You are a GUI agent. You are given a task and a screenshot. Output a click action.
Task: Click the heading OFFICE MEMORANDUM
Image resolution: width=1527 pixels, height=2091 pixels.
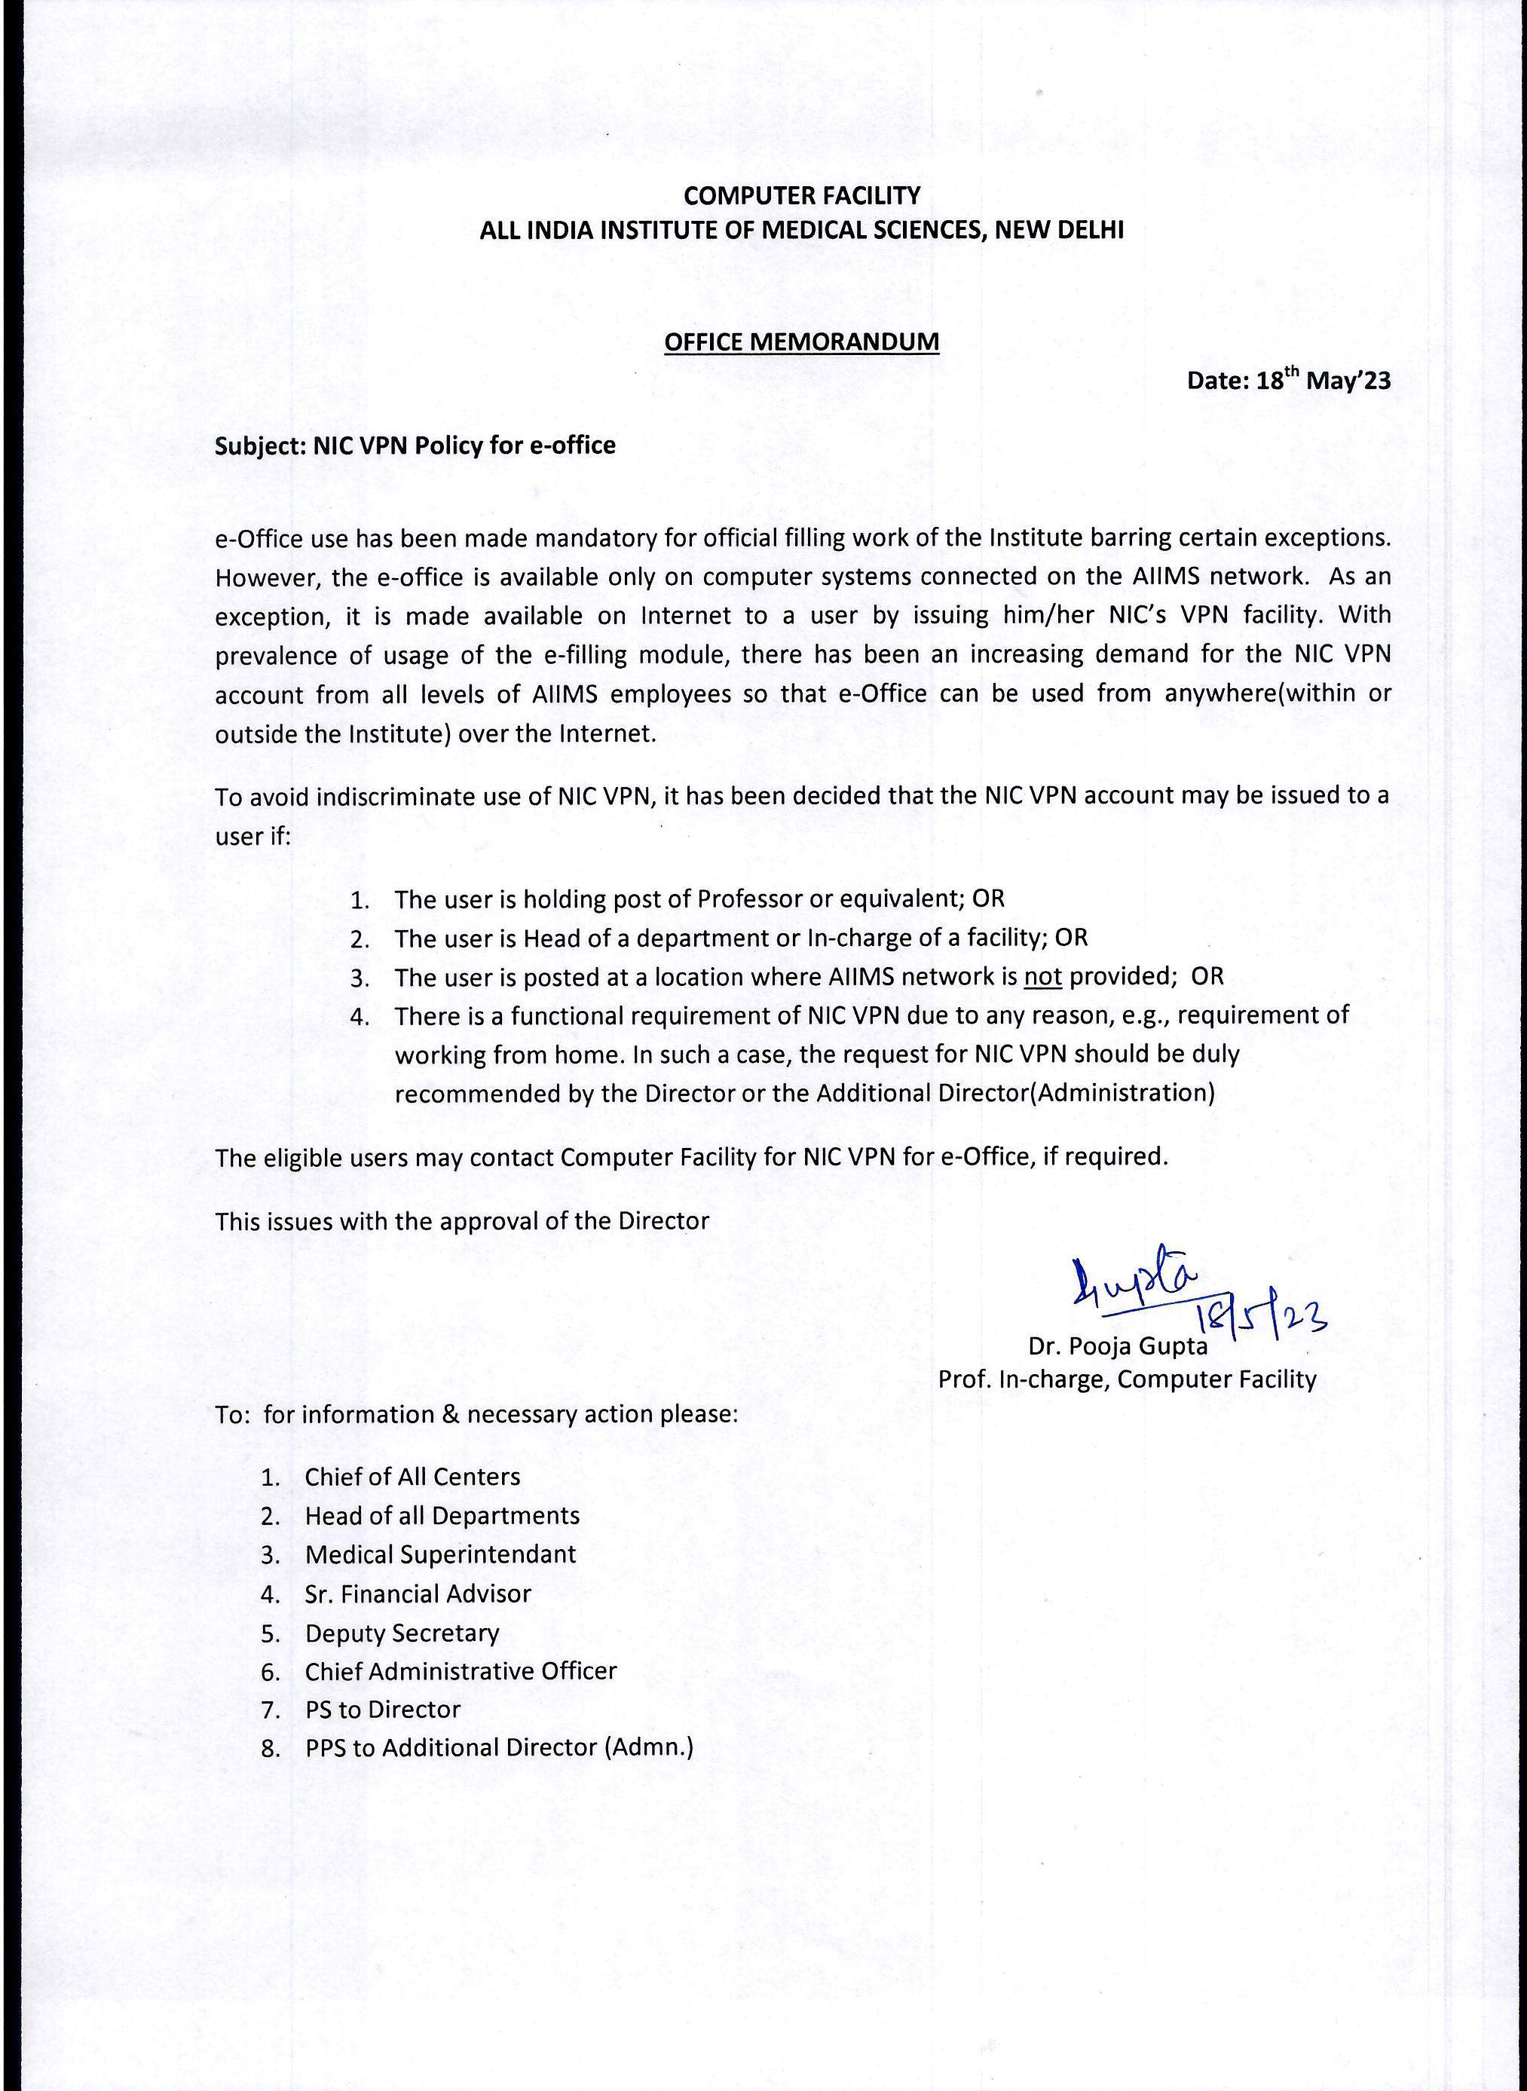coord(801,342)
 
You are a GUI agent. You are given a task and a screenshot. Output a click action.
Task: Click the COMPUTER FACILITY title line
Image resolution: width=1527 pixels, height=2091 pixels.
coord(801,196)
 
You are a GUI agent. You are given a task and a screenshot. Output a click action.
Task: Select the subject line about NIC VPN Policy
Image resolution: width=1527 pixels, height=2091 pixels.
coord(415,445)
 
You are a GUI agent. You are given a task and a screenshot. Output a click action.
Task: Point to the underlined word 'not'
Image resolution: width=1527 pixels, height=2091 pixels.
coord(1042,977)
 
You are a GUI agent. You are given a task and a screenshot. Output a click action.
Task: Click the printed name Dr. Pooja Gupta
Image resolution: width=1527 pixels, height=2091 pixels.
coord(1118,1346)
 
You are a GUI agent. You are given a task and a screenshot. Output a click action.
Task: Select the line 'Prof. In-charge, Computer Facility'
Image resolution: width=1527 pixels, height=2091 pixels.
coord(1127,1379)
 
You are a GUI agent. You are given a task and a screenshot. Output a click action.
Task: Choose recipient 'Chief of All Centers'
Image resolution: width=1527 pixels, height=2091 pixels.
coord(412,1476)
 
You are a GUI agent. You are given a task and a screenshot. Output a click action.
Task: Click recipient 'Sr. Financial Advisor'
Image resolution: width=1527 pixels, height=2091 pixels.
coord(418,1594)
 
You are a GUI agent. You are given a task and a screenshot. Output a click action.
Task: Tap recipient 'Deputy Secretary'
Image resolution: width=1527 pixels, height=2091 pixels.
coord(402,1633)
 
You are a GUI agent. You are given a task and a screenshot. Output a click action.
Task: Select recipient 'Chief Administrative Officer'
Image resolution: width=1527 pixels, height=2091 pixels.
coord(461,1670)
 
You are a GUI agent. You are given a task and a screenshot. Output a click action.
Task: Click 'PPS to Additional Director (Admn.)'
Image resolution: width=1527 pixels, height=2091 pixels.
coord(499,1747)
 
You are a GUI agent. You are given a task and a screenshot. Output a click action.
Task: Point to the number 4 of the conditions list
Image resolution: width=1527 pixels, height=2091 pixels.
coord(359,1017)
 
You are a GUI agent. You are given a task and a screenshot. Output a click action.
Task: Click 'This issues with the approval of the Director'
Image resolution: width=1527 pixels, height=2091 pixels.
coord(462,1221)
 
